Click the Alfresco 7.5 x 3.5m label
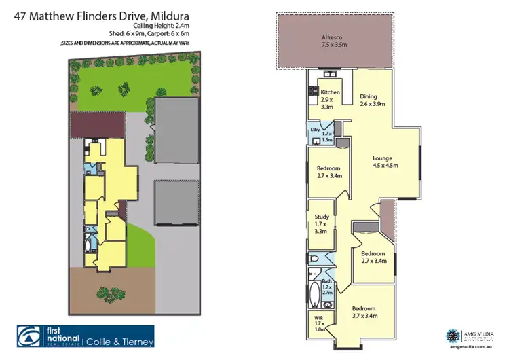pos(333,41)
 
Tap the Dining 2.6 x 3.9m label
pos(372,100)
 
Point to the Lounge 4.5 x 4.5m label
pos(385,161)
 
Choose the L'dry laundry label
pos(316,129)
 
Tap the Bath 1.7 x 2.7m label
pos(326,285)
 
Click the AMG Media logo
pos(454,336)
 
